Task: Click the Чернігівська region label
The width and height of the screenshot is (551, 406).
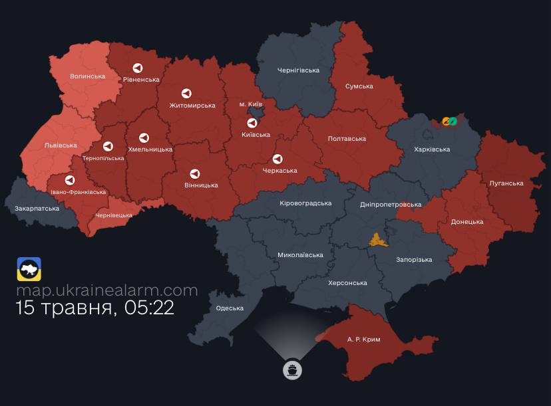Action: (297, 70)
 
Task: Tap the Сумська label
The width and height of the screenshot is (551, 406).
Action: (359, 86)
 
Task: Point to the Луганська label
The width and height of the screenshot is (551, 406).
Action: (506, 183)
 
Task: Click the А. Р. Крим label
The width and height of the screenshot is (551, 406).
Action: (363, 340)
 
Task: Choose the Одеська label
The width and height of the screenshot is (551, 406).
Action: (230, 308)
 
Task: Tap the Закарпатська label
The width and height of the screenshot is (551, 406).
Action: (37, 209)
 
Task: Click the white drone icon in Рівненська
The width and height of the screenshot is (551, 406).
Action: (138, 68)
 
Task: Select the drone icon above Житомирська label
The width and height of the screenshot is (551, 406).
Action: (187, 94)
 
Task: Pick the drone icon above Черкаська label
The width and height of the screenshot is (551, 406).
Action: (277, 159)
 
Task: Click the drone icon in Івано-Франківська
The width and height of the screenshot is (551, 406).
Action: (69, 180)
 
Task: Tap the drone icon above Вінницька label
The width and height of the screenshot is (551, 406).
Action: (195, 173)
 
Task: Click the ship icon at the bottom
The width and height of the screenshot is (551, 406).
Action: (292, 370)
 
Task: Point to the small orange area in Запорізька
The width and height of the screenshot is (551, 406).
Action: (379, 240)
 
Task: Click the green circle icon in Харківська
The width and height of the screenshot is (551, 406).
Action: (453, 122)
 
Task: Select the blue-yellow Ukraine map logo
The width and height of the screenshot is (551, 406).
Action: (29, 269)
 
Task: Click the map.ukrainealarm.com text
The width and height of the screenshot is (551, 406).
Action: (107, 290)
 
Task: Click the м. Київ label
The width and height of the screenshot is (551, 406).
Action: (251, 105)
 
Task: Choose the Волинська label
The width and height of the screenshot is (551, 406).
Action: (88, 76)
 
